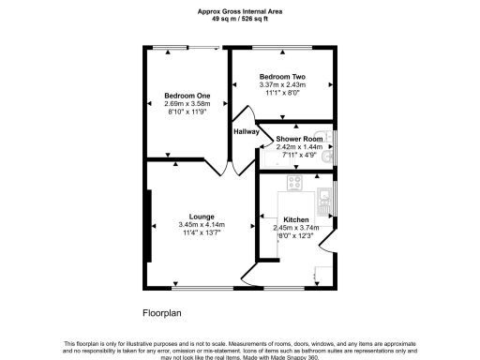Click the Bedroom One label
(187, 95)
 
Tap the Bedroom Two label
(282, 76)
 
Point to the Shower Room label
(299, 139)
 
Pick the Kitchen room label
(283, 218)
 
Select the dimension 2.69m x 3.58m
(187, 103)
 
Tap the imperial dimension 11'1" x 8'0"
(282, 93)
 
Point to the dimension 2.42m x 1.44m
(299, 147)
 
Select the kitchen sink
(322, 197)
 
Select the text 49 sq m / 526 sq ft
(239, 19)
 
